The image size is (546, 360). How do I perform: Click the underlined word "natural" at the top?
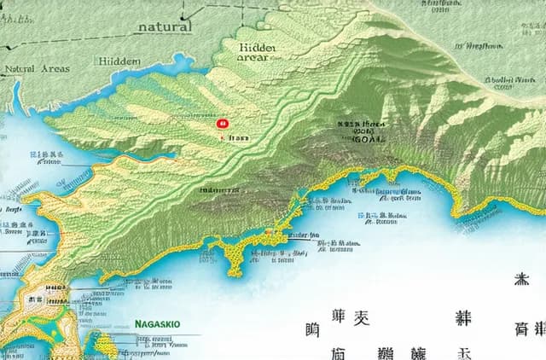(164, 26)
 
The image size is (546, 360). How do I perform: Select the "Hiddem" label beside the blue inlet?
(119, 61)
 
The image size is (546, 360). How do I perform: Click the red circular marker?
(224, 124)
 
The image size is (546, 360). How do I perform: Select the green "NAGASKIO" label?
(159, 324)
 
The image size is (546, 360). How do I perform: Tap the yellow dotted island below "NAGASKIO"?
(106, 345)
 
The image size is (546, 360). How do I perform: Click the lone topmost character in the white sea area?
(520, 280)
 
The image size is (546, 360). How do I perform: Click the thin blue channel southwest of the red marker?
(136, 159)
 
